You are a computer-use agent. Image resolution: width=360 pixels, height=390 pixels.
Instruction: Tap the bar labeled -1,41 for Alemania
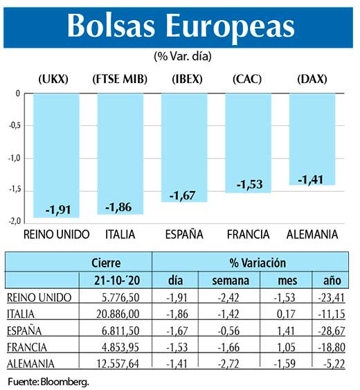point(312,139)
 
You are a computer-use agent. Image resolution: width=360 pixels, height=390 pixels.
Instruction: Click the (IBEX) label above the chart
point(184,80)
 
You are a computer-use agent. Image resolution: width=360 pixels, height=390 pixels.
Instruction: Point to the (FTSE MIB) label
point(120,80)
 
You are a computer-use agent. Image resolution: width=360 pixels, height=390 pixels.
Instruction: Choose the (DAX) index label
point(312,80)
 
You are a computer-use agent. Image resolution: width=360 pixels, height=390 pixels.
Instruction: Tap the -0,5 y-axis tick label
point(13,126)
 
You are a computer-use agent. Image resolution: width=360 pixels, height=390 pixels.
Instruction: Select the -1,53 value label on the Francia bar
point(248,185)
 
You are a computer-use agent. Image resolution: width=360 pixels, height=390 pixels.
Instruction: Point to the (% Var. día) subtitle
point(181,55)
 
